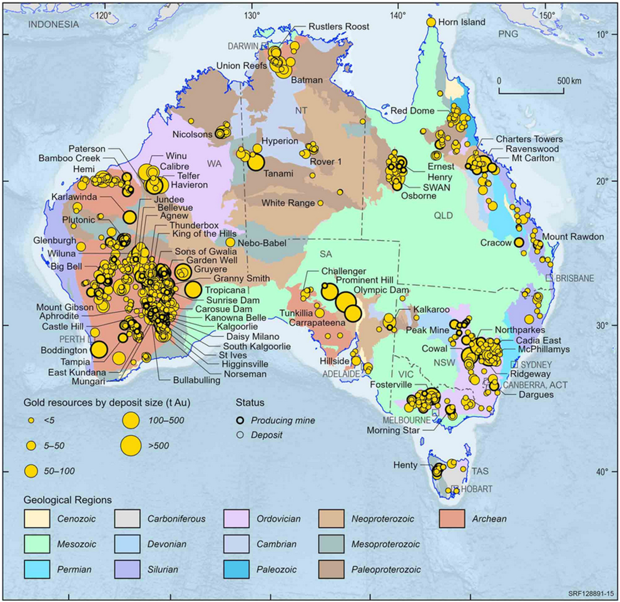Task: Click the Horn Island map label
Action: [461, 22]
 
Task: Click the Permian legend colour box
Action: [37, 569]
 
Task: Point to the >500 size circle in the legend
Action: [131, 446]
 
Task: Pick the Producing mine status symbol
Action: [240, 420]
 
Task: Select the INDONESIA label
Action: [54, 24]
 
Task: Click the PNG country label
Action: [508, 34]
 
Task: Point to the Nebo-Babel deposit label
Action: [262, 243]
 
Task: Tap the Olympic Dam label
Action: [381, 290]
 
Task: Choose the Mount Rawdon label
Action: [573, 236]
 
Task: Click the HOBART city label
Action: [476, 489]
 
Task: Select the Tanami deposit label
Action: [278, 173]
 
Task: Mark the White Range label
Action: [288, 203]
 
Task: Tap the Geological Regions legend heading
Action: [68, 500]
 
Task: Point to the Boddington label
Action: [65, 350]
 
